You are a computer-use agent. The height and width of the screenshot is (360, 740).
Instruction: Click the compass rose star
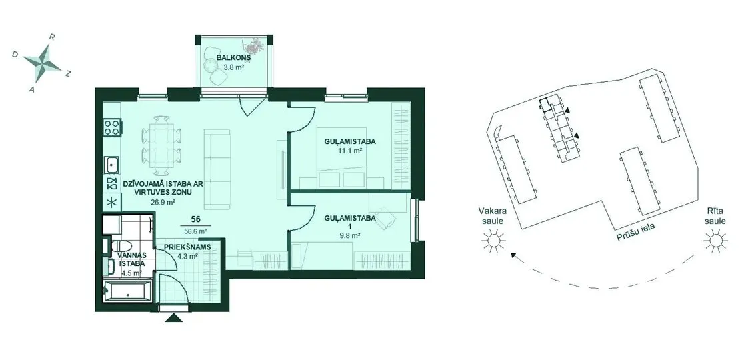tap(42, 62)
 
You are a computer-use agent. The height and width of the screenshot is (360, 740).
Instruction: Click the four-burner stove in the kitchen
tap(112, 127)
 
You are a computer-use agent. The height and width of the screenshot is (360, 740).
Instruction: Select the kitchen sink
tap(112, 165)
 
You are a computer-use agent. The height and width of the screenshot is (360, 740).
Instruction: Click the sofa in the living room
tap(217, 169)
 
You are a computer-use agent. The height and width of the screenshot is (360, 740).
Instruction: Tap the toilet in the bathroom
tap(122, 246)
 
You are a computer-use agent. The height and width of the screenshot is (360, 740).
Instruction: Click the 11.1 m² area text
tap(350, 151)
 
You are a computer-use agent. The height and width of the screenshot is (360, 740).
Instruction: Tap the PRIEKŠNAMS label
tap(187, 247)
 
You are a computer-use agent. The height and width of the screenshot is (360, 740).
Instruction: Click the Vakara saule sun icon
tap(493, 241)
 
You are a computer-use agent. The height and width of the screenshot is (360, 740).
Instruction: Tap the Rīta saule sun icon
tap(715, 241)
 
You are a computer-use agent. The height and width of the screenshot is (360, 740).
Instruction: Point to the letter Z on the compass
tap(68, 73)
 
